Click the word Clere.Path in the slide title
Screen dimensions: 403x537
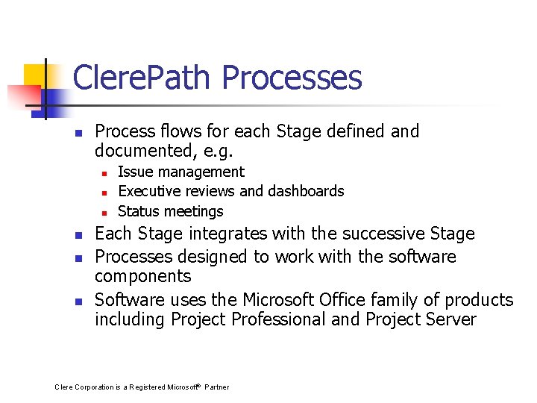(x=142, y=78)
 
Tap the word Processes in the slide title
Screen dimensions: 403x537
(x=292, y=78)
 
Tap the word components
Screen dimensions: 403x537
(x=142, y=276)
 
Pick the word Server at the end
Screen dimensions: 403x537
(x=447, y=319)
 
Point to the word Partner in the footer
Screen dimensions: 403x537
(x=216, y=387)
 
